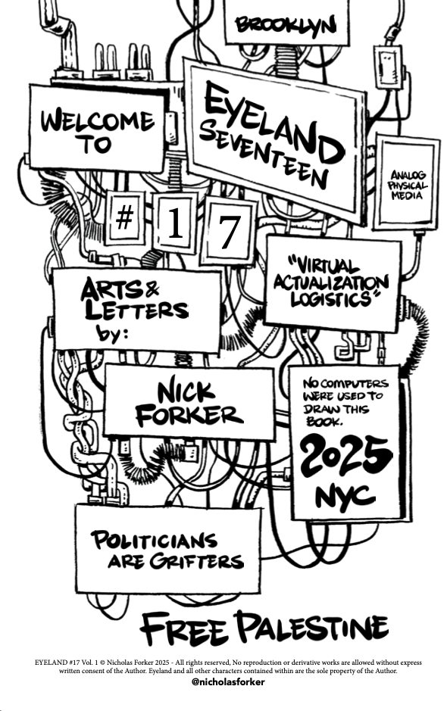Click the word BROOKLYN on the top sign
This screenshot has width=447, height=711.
coord(286,25)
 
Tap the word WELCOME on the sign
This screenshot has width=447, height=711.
coord(98,120)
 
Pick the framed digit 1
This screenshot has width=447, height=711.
coord(175,223)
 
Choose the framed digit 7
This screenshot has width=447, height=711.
coord(229,232)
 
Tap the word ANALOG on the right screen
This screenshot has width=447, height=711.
coord(408,175)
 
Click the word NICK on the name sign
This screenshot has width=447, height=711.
coord(186,392)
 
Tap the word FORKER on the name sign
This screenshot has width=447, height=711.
coord(189,415)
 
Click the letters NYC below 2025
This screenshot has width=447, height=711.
coord(345,496)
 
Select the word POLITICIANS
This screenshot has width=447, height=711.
coord(155,540)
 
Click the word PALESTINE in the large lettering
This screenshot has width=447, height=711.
coord(312,626)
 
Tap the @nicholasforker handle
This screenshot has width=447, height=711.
coord(228,681)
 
